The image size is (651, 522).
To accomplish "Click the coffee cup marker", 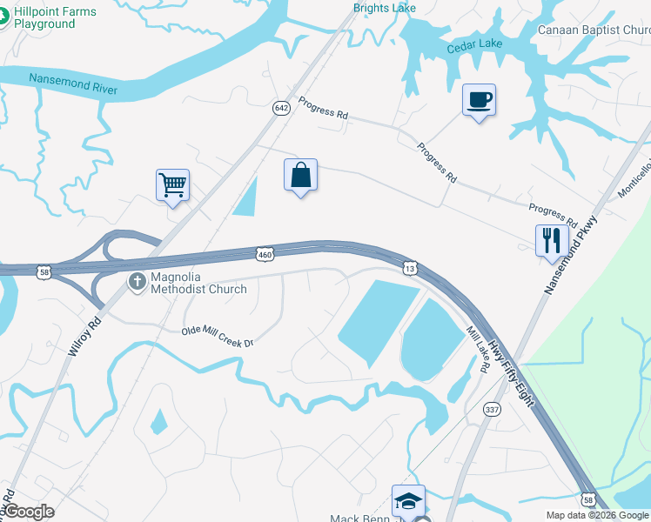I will [479, 100].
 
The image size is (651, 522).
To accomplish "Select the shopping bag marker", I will [300, 175].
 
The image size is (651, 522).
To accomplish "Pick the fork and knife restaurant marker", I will [551, 240].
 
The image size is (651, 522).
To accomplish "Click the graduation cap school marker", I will [408, 501].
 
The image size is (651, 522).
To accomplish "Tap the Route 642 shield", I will [280, 108].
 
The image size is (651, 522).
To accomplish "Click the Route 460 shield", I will [265, 254].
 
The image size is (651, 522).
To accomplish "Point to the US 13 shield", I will [408, 264].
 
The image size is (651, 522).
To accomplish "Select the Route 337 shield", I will [493, 410].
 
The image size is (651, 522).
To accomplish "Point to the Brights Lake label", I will [384, 8].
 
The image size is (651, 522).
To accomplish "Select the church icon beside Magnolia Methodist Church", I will [137, 282].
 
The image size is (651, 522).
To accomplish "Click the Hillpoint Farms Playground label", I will [55, 17].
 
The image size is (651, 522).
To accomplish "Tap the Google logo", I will [29, 512].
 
